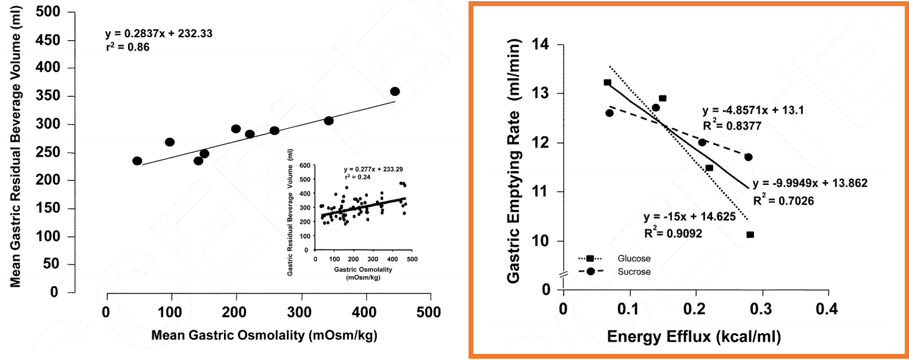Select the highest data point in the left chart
(x=395, y=92)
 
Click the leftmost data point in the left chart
(x=137, y=161)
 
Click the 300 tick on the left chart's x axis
(x=301, y=312)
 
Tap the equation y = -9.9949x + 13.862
(x=810, y=183)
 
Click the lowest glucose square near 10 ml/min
(x=750, y=234)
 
